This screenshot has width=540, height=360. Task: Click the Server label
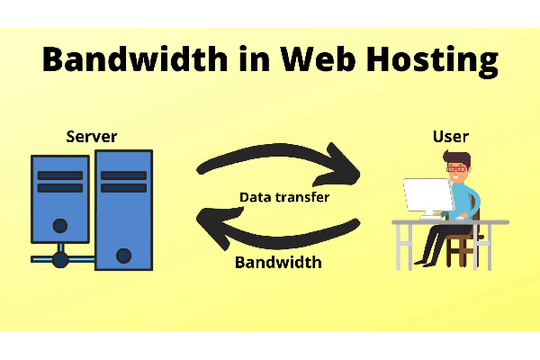[92, 137]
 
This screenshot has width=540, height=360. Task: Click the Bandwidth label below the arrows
[278, 263]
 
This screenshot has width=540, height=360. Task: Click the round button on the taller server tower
[123, 256]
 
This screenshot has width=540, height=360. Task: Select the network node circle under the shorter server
[60, 260]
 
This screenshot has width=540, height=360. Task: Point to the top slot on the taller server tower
[123, 175]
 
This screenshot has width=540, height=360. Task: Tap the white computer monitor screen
[427, 195]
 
